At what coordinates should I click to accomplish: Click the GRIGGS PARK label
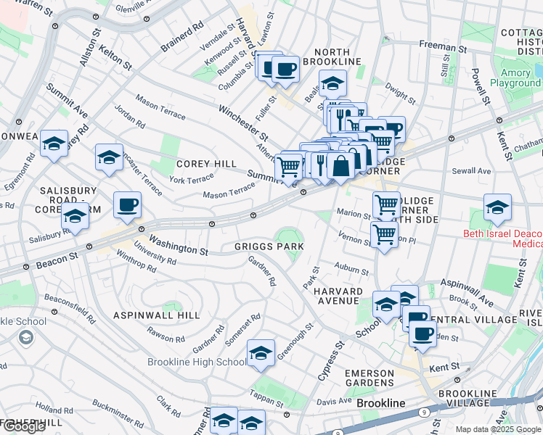pos(269,246)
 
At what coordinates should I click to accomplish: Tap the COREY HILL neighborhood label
pos(206,164)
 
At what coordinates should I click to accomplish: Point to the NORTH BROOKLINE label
pos(337,57)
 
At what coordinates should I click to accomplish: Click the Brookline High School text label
pos(197,362)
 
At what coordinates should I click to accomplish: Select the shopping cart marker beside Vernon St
pos(383,233)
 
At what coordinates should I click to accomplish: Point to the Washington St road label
pos(179,244)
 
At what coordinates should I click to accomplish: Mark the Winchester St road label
pos(243,122)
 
